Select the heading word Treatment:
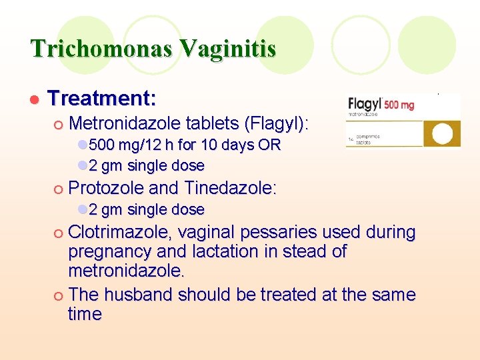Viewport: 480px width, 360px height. click(102, 99)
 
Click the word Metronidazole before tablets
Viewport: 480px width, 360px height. click(125, 123)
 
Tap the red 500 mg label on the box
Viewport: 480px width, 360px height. click(399, 105)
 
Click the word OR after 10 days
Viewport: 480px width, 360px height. click(271, 145)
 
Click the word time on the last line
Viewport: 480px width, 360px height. click(85, 314)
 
